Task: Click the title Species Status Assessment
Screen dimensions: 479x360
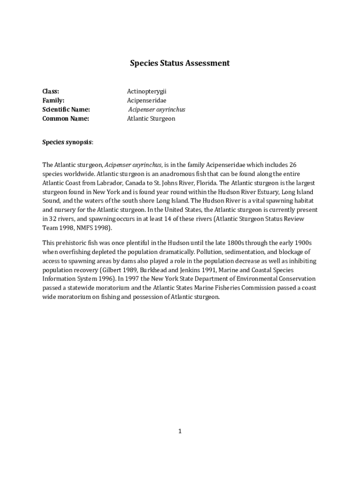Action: [180, 63]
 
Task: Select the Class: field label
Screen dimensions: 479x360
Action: [51, 91]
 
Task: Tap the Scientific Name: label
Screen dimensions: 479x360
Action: [66, 109]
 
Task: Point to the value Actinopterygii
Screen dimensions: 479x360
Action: [146, 91]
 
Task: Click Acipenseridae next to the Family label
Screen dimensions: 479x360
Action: [146, 101]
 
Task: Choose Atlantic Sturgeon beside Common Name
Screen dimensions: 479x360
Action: [151, 119]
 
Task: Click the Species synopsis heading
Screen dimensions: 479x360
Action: [67, 142]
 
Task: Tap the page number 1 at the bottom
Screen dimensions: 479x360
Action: [180, 431]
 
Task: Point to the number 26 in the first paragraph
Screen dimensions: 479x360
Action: [293, 165]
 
